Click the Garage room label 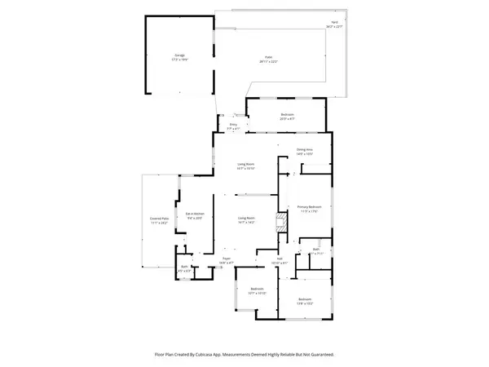[178, 55]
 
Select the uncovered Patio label [267, 59]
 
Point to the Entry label [231, 125]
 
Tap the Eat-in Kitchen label [195, 214]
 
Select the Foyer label [226, 259]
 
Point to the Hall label [280, 259]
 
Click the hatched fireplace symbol [279, 221]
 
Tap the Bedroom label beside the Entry [287, 114]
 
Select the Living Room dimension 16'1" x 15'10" [246, 169]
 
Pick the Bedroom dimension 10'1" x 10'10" [257, 293]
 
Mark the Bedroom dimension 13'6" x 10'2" [305, 302]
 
